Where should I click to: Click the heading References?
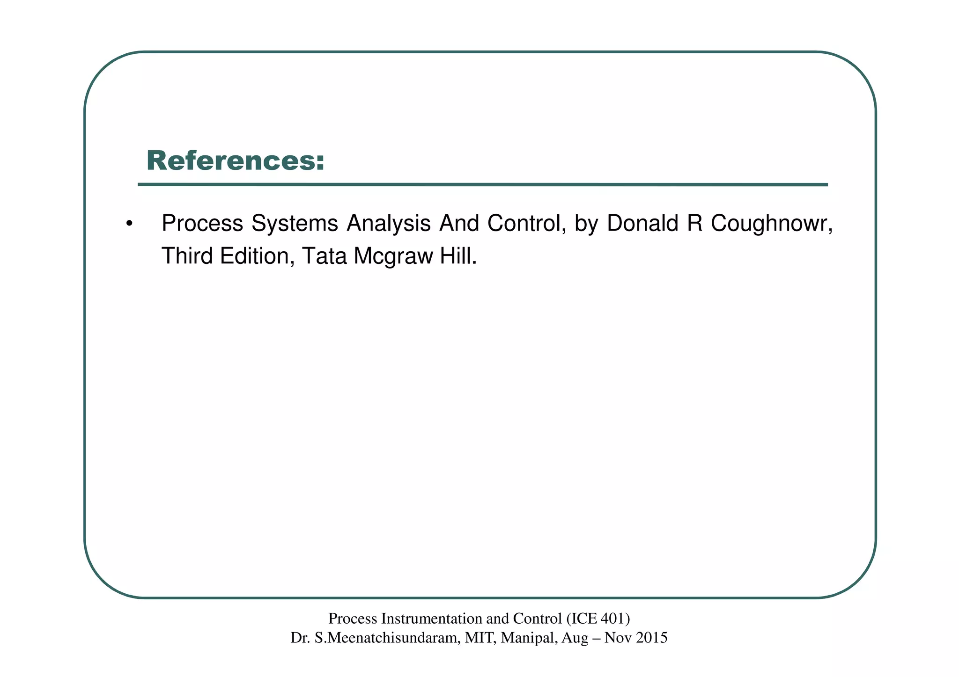235,160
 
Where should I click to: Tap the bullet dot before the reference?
129,224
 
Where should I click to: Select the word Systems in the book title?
295,224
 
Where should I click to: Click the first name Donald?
642,224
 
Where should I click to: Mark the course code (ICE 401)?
598,619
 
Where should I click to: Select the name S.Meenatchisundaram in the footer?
387,638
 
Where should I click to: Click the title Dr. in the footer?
300,638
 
